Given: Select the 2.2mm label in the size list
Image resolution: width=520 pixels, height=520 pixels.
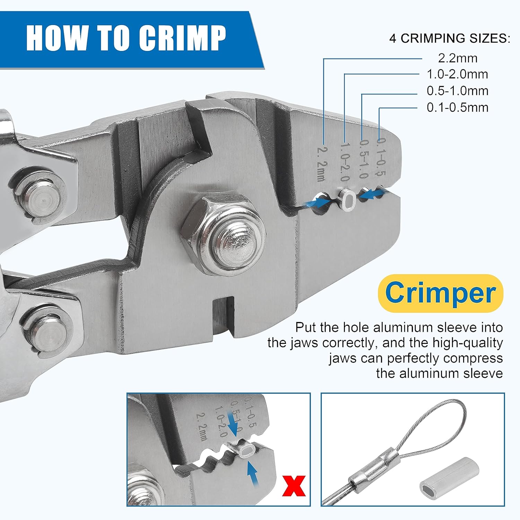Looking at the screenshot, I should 458,58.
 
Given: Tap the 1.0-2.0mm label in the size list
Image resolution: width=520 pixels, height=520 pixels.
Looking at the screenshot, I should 457,74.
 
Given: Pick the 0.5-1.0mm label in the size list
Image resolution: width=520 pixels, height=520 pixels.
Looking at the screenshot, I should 457,91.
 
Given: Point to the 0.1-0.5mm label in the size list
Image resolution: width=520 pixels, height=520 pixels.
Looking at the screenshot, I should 457,107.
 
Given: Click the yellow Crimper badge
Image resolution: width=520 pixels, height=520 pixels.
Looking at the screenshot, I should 440,293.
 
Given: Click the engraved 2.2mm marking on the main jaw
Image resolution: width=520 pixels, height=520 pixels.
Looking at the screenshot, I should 321,163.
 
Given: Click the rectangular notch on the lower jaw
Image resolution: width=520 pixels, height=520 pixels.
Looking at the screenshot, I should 224,314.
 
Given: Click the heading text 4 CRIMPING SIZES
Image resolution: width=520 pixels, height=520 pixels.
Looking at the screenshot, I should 450,38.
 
